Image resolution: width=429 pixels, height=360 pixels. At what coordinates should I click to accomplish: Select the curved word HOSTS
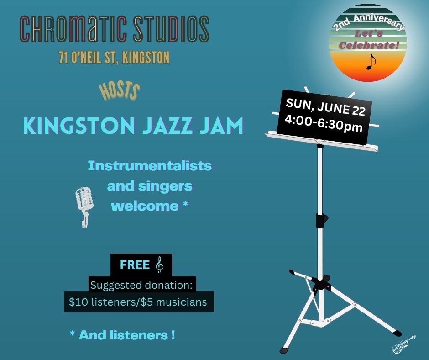click(120, 91)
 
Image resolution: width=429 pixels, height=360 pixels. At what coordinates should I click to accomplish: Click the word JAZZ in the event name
click(167, 126)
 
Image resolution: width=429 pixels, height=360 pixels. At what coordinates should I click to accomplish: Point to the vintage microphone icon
click(84, 207)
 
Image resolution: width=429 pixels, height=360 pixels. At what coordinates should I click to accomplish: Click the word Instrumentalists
click(150, 166)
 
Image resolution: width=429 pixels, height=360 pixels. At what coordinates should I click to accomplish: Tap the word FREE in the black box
click(135, 265)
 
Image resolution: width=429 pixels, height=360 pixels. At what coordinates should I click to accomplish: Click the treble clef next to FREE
click(160, 265)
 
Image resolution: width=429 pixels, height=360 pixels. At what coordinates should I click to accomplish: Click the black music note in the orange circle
click(371, 61)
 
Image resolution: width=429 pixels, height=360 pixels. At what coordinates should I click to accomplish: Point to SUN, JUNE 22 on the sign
click(325, 107)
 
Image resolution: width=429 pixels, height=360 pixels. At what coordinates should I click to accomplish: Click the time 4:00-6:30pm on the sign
click(324, 123)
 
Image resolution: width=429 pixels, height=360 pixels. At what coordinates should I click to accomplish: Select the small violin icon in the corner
click(404, 344)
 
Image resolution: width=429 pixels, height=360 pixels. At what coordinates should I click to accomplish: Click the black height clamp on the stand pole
click(321, 221)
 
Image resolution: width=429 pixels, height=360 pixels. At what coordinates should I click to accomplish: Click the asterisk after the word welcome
click(185, 204)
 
